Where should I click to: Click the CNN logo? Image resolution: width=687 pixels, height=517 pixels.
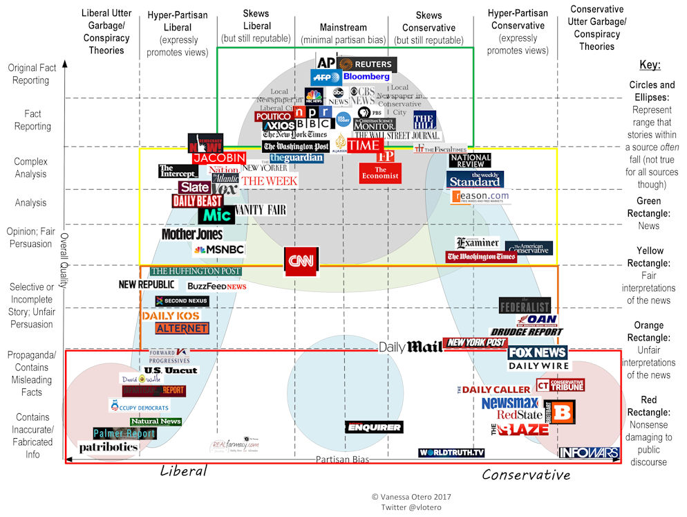[x=302, y=262]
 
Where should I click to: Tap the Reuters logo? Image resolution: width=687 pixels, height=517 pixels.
[x=366, y=64]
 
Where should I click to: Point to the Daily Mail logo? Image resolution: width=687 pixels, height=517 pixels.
[x=411, y=347]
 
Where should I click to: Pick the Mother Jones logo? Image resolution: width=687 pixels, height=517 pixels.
[x=192, y=234]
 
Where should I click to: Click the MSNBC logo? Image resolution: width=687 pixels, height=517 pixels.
[x=219, y=249]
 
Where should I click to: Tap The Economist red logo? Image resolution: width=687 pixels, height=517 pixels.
[x=380, y=172]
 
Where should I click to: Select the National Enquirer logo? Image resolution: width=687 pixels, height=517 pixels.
[x=373, y=427]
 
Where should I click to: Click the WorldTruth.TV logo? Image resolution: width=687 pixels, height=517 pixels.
[x=451, y=453]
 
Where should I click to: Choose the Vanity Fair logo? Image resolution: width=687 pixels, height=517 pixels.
[x=260, y=210]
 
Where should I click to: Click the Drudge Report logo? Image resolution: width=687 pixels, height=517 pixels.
[x=527, y=332]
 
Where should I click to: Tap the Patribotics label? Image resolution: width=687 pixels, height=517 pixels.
[x=109, y=447]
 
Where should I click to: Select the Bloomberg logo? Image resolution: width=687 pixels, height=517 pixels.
[x=366, y=77]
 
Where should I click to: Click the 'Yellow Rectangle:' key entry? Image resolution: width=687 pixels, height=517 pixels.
[x=649, y=257]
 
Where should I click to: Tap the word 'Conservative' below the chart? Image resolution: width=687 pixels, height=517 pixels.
[x=526, y=474]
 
